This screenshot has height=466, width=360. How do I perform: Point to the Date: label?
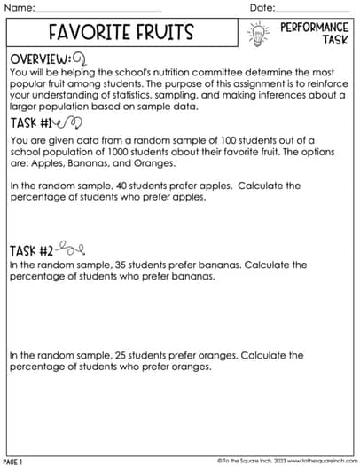[263, 8]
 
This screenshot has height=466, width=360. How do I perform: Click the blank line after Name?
[98, 11]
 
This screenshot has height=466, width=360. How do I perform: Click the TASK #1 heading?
[30, 124]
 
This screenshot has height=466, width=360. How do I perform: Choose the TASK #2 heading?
[31, 251]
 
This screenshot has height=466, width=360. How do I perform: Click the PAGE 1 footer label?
[13, 462]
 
